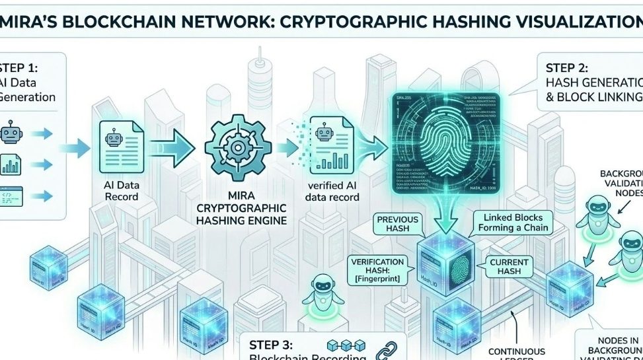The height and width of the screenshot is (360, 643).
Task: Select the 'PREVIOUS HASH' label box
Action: point(398,223)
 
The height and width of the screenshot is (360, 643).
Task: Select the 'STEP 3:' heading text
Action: point(275,345)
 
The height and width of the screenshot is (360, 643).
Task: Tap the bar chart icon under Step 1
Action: point(11,164)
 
